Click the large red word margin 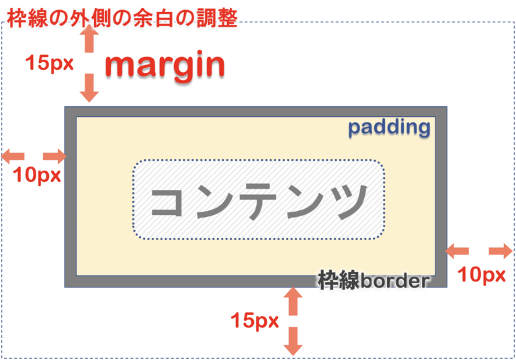point(165,65)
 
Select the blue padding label point(389,127)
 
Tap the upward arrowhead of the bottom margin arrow point(293,296)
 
